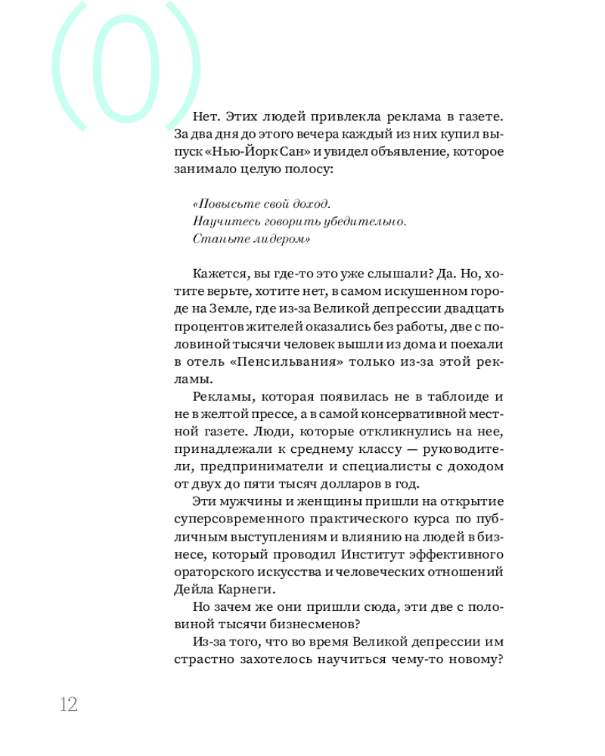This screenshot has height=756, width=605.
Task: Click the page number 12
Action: coord(68,704)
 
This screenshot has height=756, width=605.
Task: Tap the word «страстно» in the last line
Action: coord(199,658)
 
